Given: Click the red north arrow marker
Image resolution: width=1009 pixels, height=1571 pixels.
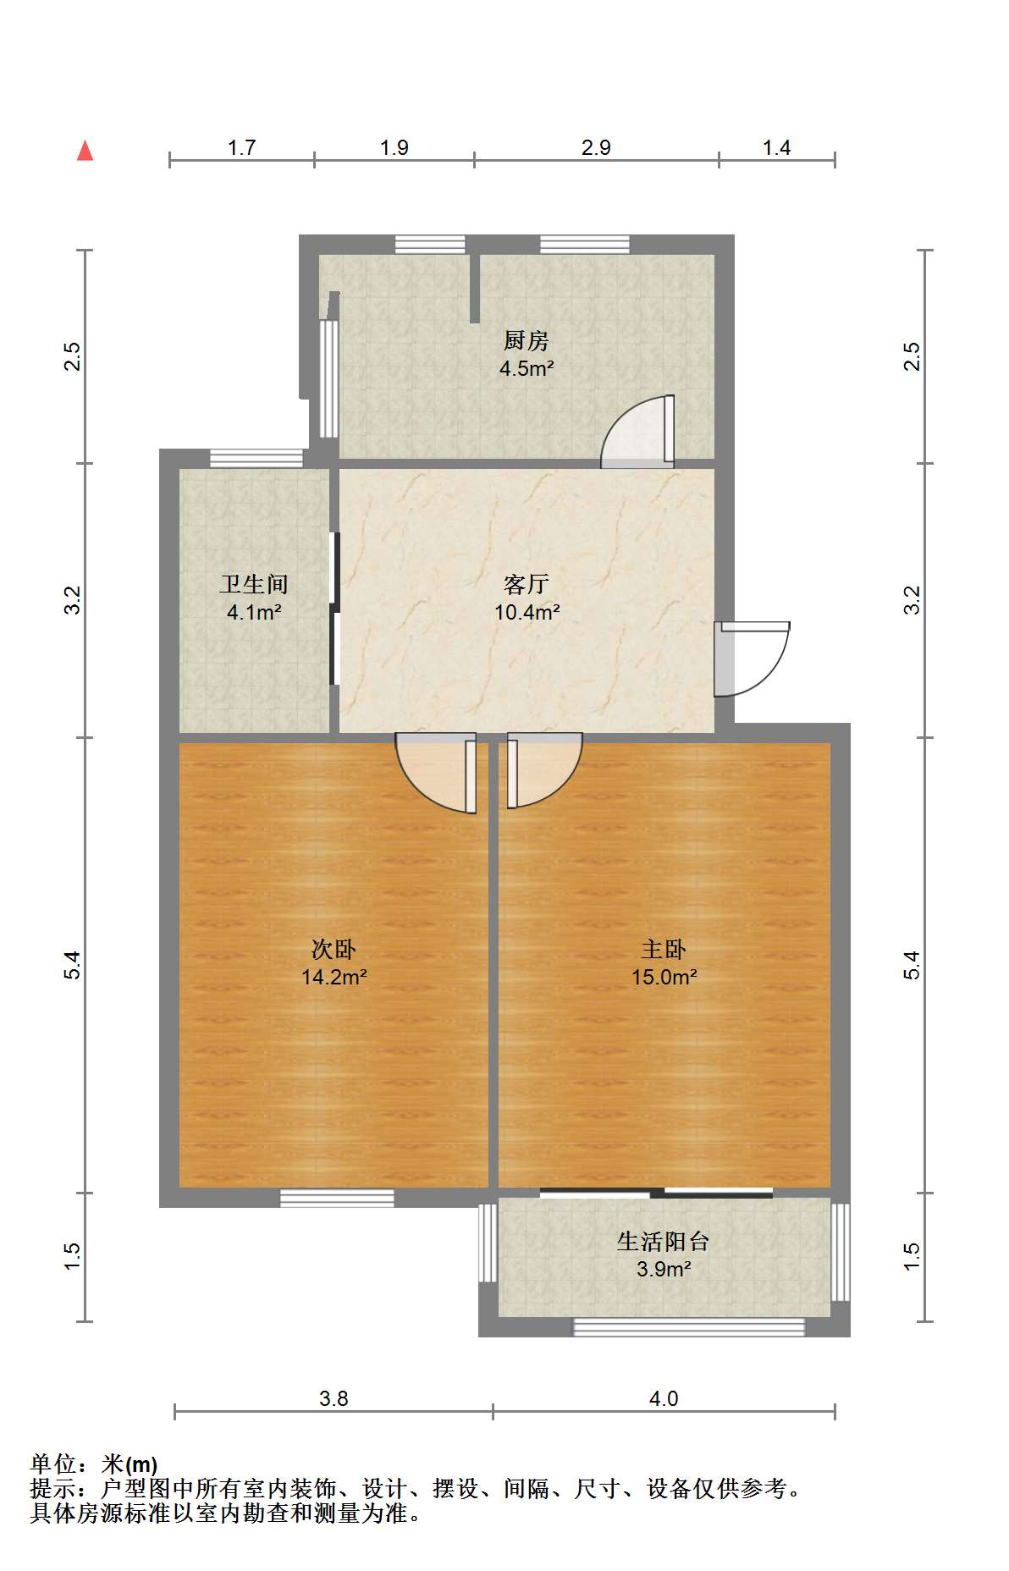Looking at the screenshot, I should click(85, 151).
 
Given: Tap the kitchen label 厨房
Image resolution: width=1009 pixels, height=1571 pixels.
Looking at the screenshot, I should click(526, 340).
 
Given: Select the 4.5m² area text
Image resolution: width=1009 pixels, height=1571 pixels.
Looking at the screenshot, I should click(526, 368).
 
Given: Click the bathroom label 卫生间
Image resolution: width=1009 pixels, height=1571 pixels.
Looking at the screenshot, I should click(254, 584).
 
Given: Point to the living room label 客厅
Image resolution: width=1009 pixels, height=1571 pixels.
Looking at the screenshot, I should click(526, 584).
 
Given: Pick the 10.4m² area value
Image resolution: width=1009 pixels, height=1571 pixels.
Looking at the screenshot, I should click(527, 612).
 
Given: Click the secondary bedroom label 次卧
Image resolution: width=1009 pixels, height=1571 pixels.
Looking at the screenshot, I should click(334, 949).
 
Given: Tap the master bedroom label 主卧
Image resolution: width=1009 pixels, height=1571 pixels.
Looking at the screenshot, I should click(664, 949).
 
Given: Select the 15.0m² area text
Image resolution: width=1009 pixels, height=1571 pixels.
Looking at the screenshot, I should click(664, 977).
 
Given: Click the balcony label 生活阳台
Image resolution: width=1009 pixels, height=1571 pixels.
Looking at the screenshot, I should click(663, 1241).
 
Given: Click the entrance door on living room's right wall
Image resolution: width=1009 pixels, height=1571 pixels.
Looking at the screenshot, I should click(748, 659).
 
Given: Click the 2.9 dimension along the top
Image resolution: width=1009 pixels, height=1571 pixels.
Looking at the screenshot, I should click(596, 148).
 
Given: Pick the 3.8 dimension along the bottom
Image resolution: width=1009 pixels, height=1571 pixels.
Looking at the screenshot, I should click(334, 1398).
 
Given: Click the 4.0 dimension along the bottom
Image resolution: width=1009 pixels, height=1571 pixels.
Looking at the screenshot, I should click(664, 1398).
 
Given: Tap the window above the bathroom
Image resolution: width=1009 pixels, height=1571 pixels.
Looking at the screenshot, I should click(256, 458).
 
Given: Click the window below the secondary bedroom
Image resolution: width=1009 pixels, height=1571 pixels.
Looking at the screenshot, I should click(337, 1198).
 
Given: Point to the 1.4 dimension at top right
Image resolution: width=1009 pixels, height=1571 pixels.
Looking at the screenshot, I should click(776, 148).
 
